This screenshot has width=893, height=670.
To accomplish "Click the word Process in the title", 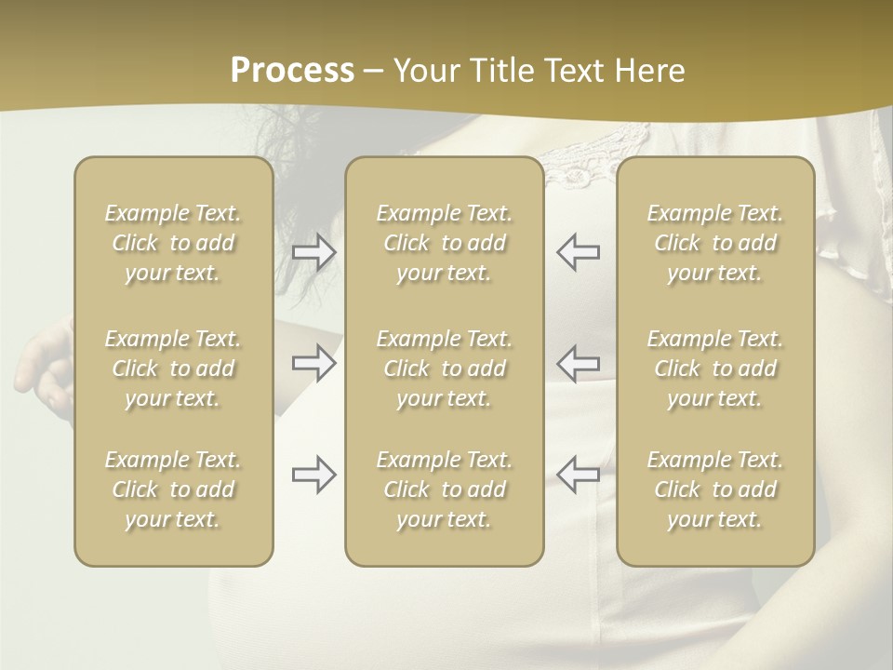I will coord(292,71).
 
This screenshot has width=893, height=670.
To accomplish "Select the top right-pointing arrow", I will coord(314,252).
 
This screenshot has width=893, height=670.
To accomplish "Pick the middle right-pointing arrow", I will coord(314,362).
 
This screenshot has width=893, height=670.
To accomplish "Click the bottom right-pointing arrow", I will coord(314,475).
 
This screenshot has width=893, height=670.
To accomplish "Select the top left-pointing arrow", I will coord(579,252).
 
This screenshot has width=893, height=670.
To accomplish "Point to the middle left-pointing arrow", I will coord(579,362).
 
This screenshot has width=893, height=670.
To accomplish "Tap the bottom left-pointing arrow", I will coord(579,475).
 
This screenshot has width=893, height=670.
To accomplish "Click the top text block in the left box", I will coord(173,243).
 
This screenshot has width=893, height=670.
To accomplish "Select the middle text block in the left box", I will coord(173,368).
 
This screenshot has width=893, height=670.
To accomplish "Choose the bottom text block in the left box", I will coord(173,489).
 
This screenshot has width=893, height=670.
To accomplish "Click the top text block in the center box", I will coord(445,243).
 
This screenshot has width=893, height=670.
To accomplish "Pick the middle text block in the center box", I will coord(445,368).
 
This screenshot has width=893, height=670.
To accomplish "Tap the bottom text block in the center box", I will coord(445,489).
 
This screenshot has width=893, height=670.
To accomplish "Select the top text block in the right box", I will coord(715,243).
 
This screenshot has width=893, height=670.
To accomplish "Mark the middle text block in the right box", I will coord(715,368).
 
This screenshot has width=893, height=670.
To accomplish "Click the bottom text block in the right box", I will coord(715,489).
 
